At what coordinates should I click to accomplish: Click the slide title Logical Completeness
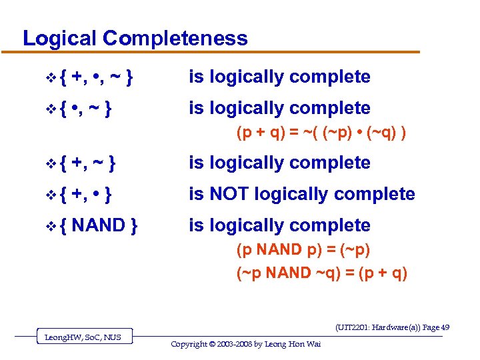click(135, 38)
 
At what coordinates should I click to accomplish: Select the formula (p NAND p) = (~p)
click(303, 249)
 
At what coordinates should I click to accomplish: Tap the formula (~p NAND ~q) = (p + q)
click(322, 273)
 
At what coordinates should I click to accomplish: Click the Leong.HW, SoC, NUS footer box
click(83, 337)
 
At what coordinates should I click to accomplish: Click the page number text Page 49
click(436, 327)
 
